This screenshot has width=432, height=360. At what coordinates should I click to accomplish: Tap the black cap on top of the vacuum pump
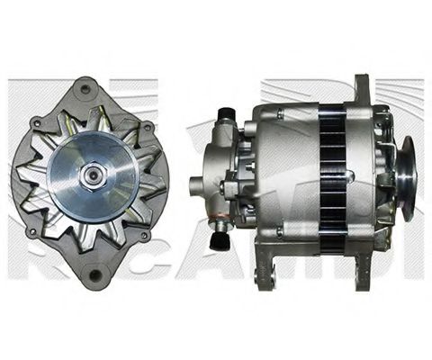coord(224,113)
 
